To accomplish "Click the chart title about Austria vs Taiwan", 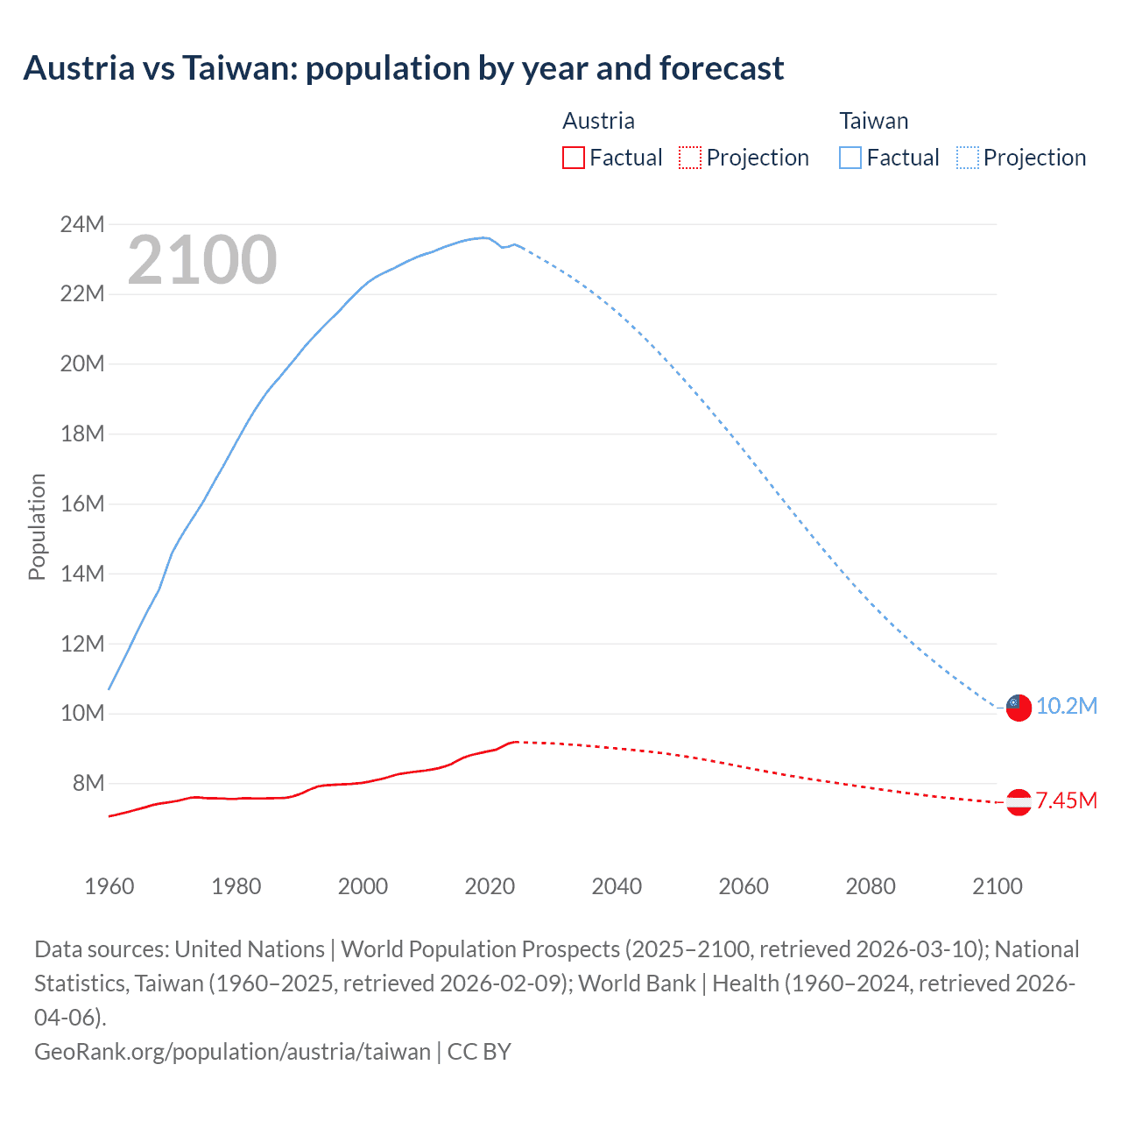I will pos(403,68).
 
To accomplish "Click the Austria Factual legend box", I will pos(573,158).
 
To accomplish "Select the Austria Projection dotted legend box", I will pos(690,158).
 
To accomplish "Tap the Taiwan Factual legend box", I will pos(850,158).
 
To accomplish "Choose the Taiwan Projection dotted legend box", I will pos(967,158).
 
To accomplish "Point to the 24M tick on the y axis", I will pos(82,224).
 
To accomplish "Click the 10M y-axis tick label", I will pos(82,713).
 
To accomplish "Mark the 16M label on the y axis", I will pos(82,504).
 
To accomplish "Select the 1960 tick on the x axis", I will pos(109,886).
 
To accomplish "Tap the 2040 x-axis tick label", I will pos(617,886).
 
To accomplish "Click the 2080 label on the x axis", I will pos(871,886).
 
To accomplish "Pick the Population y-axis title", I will pos(37,526).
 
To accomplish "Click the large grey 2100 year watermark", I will pos(202,260).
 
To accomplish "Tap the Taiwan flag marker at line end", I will pos(1018,707).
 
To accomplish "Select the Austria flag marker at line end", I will pos(1019,801).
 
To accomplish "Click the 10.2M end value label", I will pos(1066,706).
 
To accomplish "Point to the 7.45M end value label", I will pos(1066,800).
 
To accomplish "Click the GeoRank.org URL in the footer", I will pos(232,1051).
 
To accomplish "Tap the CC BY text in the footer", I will pos(479,1051).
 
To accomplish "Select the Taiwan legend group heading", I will pos(873,121).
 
